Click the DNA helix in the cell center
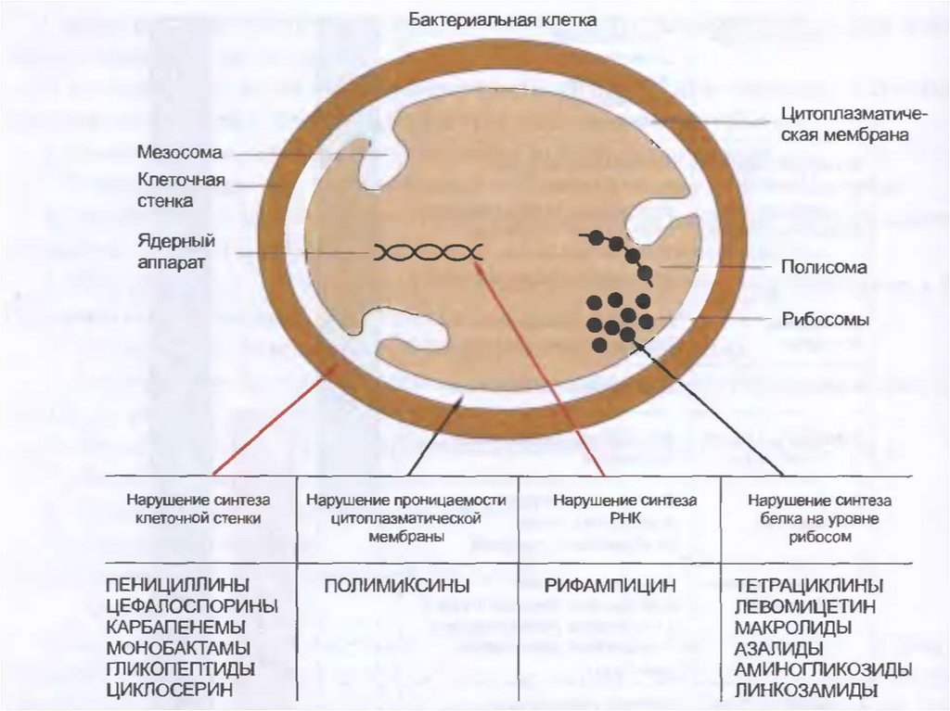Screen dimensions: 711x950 point(428,252)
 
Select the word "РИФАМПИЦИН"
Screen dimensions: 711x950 point(610,586)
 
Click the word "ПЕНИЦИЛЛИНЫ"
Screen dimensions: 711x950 point(178,586)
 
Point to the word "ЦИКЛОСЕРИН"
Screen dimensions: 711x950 point(168,690)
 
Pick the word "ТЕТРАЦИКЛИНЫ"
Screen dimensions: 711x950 point(808,586)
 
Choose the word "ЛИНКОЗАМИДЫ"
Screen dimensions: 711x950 point(806,691)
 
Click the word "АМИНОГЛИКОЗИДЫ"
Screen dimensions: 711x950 point(822,669)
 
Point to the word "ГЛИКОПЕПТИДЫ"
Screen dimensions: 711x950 point(181,669)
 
